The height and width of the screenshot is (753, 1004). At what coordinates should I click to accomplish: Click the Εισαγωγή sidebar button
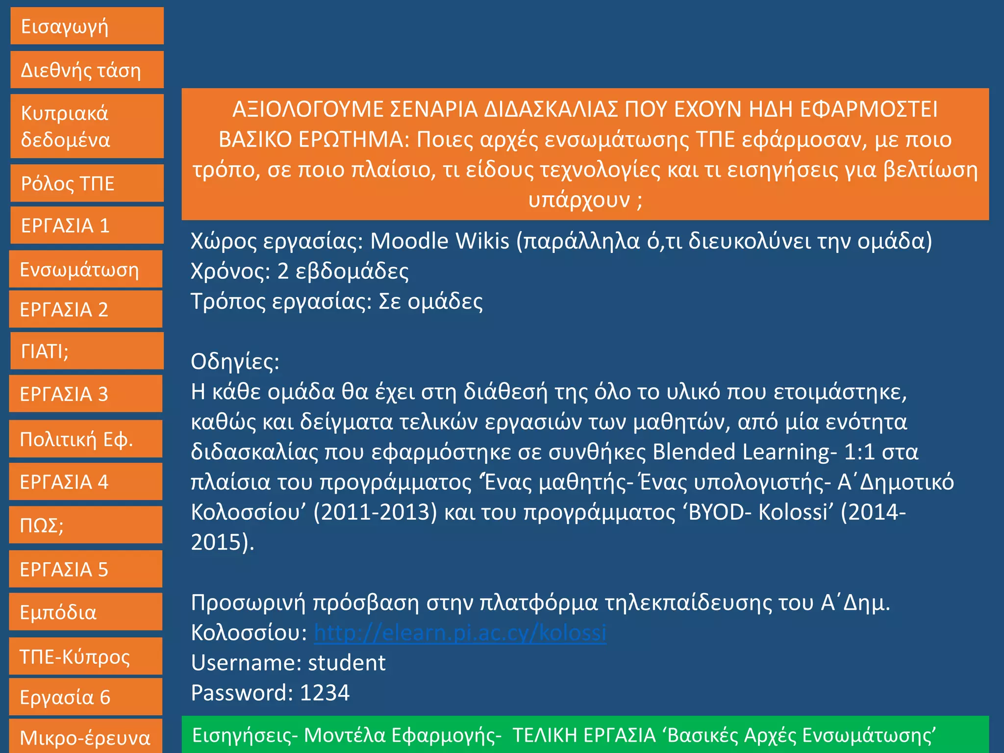coord(87,26)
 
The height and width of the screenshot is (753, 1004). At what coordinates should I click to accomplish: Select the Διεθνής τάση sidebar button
coord(87,70)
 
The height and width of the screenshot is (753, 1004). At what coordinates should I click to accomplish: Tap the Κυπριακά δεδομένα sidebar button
coord(87,126)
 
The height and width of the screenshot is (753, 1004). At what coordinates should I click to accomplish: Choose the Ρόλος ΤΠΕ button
coord(87,183)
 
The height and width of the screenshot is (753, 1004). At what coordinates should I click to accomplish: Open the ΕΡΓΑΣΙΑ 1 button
coord(87,226)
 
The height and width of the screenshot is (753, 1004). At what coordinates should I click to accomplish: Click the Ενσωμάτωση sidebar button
coord(86,270)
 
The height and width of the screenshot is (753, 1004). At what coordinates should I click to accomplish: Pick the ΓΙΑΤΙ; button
coord(87,351)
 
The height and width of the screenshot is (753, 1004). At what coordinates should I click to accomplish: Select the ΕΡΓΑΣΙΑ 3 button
coord(86,394)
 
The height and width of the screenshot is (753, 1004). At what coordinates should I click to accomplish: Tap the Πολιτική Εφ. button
coord(86,439)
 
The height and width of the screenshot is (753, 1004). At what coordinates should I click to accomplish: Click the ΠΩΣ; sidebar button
coord(86,525)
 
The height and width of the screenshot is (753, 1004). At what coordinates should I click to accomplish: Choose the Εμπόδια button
coord(86,612)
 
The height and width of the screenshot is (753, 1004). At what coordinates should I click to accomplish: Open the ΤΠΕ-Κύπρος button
coord(86,656)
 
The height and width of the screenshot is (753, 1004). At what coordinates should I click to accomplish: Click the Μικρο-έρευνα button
coord(86,737)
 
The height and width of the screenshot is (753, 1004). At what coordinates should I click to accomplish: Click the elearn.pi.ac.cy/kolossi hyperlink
coord(460,633)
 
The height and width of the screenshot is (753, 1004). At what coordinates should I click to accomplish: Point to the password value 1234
coord(325,693)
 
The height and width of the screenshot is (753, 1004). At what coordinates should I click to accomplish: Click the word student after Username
coord(347,663)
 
